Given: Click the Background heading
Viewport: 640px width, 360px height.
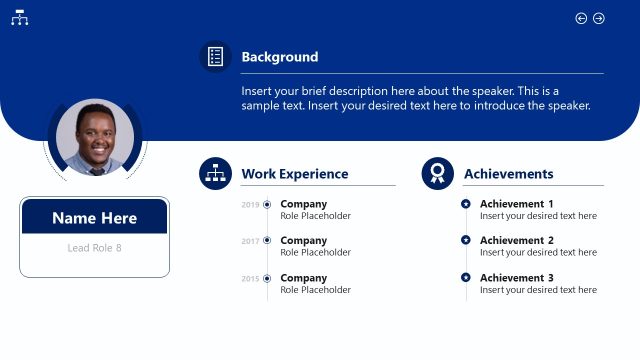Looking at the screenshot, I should coord(279,57).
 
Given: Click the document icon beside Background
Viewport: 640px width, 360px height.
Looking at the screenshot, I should coord(215,57).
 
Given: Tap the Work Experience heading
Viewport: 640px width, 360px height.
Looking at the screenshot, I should coord(294,174).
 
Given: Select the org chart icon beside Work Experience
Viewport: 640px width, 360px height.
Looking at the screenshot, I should coord(215,174).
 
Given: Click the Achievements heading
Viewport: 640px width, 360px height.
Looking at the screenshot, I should coord(508,174).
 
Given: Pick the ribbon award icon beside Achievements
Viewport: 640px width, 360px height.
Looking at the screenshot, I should coord(437,174).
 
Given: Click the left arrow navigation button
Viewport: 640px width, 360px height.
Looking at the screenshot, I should coord(581,18).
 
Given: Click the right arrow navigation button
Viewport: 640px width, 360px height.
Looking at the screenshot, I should coord(599,18).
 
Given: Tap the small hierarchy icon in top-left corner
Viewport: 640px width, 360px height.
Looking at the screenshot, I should coord(19,18).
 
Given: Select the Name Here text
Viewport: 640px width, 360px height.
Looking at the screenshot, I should coord(94,218).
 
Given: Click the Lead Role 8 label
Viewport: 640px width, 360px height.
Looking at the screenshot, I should coord(94,248).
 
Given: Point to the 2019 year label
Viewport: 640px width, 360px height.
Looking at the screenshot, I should coord(250,205).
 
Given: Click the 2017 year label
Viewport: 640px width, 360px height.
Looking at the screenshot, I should coord(250,241).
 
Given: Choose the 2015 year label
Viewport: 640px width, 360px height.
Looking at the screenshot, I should coord(250,278).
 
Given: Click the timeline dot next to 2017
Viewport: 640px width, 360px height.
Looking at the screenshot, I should coord(267,241).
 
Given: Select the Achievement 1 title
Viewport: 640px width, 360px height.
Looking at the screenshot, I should coord(516,204).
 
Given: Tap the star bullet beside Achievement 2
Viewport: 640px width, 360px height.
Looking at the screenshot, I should coord(466,240).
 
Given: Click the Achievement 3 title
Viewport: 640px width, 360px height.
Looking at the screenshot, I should coord(516,278).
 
